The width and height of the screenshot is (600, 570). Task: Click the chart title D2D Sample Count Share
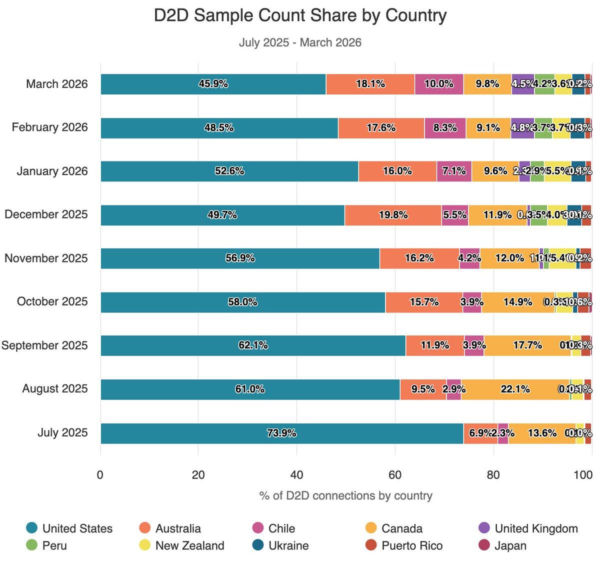pyautogui.click(x=300, y=15)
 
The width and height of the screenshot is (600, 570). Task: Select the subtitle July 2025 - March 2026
pyautogui.click(x=300, y=42)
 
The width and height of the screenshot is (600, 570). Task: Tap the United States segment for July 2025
pyautogui.click(x=281, y=433)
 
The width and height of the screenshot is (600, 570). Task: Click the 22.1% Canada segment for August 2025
pyautogui.click(x=515, y=389)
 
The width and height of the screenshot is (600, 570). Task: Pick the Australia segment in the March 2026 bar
pyautogui.click(x=370, y=84)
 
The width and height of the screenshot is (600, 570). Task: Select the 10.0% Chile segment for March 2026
pyautogui.click(x=438, y=84)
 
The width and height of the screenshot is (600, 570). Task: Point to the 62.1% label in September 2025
pyautogui.click(x=253, y=345)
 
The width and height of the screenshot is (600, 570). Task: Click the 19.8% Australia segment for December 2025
pyautogui.click(x=393, y=215)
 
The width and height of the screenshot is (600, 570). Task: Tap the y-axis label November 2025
pyautogui.click(x=46, y=258)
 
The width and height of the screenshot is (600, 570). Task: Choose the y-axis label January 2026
pyautogui.click(x=52, y=171)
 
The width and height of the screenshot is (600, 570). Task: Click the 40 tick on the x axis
pyautogui.click(x=296, y=474)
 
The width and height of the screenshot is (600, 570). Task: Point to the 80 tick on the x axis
pyautogui.click(x=493, y=474)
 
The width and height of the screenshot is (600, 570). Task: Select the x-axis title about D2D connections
pyautogui.click(x=346, y=495)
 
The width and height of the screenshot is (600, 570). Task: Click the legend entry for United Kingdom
pyautogui.click(x=535, y=528)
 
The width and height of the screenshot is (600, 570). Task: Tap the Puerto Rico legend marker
pyautogui.click(x=371, y=545)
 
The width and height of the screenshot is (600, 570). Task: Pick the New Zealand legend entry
pyautogui.click(x=189, y=545)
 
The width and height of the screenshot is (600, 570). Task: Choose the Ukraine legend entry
pyautogui.click(x=288, y=545)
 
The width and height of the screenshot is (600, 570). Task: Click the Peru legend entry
pyautogui.click(x=54, y=545)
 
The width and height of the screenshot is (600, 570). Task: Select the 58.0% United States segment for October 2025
pyautogui.click(x=242, y=302)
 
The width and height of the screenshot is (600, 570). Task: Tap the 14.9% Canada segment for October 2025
pyautogui.click(x=517, y=302)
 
